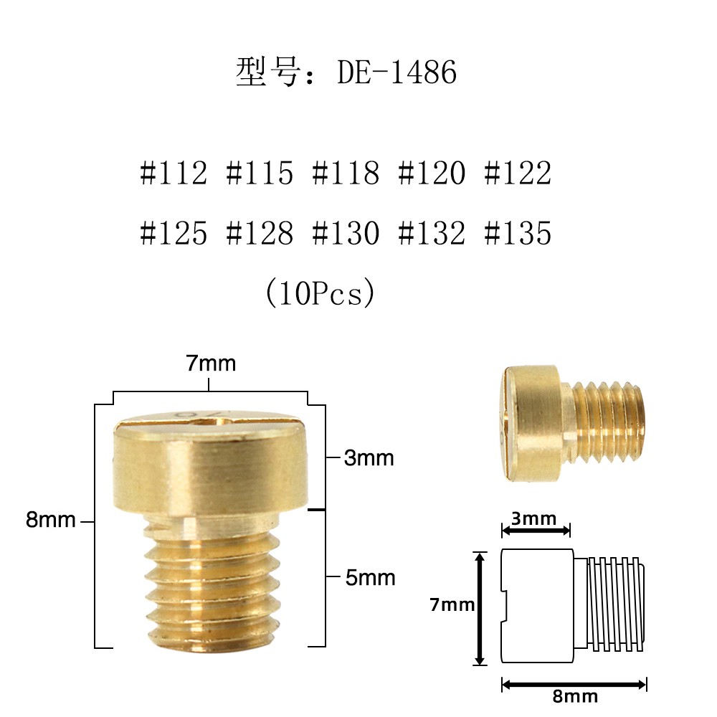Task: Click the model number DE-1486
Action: (x=397, y=73)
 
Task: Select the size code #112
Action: (x=174, y=174)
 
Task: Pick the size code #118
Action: (x=346, y=174)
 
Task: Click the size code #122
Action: (x=518, y=174)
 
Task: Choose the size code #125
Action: (x=174, y=234)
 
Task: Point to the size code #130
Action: (x=346, y=234)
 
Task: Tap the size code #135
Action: (x=518, y=234)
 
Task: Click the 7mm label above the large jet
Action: (x=211, y=364)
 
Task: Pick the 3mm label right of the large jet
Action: (x=369, y=458)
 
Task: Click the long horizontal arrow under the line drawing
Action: (x=574, y=683)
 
